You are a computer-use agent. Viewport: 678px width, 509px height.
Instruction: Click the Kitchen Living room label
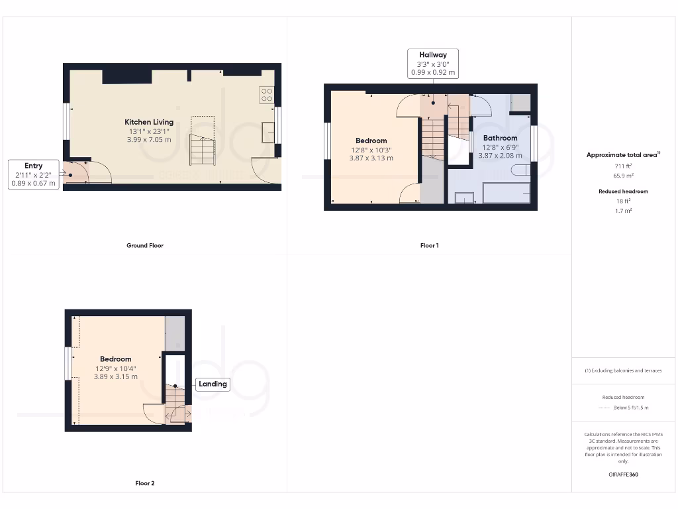pyautogui.click(x=149, y=122)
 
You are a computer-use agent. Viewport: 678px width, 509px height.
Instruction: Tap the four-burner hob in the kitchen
pyautogui.click(x=267, y=95)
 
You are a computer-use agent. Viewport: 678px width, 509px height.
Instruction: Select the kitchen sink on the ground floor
pyautogui.click(x=269, y=132)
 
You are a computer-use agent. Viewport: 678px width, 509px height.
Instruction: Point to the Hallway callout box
pyautogui.click(x=432, y=64)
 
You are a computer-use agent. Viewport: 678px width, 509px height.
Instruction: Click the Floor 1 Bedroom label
pyautogui.click(x=371, y=141)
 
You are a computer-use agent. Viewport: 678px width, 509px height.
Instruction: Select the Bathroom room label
pyautogui.click(x=500, y=138)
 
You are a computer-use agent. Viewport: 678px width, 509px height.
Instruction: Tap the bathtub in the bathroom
pyautogui.click(x=507, y=193)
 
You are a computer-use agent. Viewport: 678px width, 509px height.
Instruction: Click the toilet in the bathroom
pyautogui.click(x=520, y=170)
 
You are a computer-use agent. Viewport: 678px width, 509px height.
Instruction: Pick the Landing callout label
pyautogui.click(x=213, y=384)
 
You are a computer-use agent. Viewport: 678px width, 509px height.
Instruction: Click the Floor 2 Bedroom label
pyautogui.click(x=116, y=359)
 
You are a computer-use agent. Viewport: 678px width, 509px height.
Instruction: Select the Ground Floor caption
pyautogui.click(x=145, y=245)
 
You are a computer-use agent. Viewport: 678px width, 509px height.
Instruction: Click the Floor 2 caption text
pyautogui.click(x=145, y=483)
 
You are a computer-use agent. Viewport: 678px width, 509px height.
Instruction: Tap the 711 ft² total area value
pyautogui.click(x=623, y=166)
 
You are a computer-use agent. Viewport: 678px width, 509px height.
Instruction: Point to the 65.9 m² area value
pyautogui.click(x=623, y=176)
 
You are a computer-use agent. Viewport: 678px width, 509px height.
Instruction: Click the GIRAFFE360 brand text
pyautogui.click(x=623, y=475)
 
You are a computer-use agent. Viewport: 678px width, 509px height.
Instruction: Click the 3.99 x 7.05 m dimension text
pyautogui.click(x=149, y=139)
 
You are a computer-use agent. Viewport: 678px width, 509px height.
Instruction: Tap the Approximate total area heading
pyautogui.click(x=622, y=155)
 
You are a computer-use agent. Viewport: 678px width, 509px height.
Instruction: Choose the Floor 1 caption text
pyautogui.click(x=429, y=245)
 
